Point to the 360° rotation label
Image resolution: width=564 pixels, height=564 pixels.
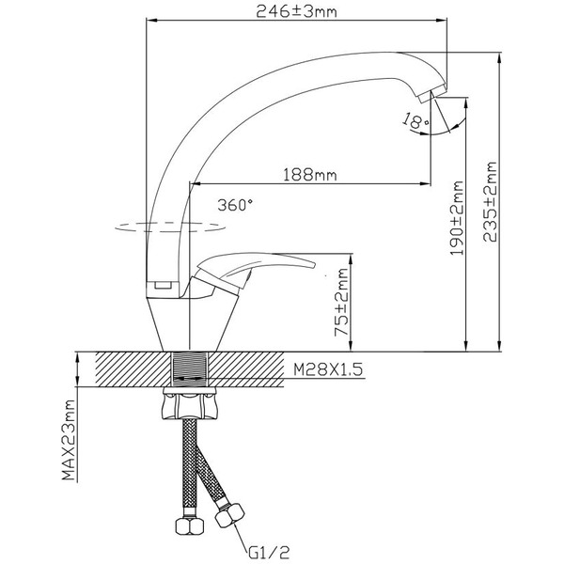tap(234, 204)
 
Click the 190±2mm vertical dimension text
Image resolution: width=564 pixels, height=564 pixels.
tap(457, 219)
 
